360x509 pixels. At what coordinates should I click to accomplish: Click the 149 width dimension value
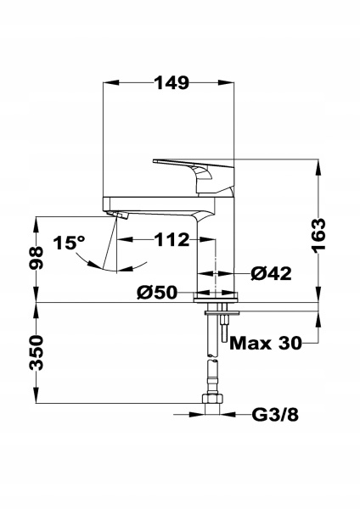tap(171, 82)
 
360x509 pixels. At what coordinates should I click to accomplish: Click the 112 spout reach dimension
tap(172, 240)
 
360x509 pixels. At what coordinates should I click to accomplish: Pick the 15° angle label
tap(70, 243)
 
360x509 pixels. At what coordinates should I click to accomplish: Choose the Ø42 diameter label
tap(272, 273)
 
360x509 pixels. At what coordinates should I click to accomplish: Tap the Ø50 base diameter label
tap(157, 293)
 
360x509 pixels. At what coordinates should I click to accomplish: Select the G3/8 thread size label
tap(275, 415)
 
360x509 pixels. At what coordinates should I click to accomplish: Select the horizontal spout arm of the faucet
tap(153, 203)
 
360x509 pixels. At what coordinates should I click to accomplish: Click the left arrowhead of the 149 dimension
tap(106, 82)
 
